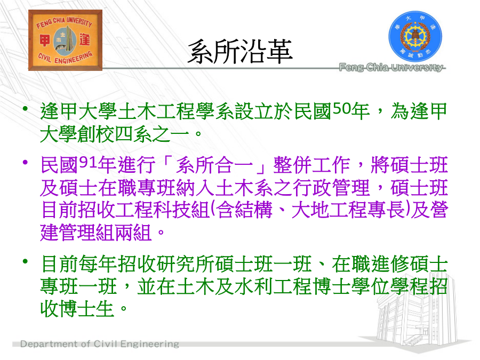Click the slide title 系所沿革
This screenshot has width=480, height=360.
pos(240,52)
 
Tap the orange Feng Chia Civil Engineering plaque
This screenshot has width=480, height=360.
pos(65,40)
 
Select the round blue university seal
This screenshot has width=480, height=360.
pos(415,37)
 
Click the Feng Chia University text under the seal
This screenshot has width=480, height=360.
pos(392,67)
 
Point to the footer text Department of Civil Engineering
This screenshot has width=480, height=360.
pos(100,344)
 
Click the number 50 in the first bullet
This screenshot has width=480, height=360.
pos(341,108)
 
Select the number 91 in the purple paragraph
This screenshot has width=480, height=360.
pos(88,162)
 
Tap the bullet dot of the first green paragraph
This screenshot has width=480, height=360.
pos(26,108)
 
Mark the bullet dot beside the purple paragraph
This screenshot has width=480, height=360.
pos(26,162)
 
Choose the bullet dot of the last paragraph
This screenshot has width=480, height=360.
pos(26,261)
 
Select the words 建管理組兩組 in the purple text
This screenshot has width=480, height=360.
pos(96,233)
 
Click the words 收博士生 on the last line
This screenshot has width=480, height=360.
pos(77,309)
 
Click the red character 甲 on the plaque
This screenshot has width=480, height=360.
pos(45,40)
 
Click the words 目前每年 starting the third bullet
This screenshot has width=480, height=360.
pos(78,264)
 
